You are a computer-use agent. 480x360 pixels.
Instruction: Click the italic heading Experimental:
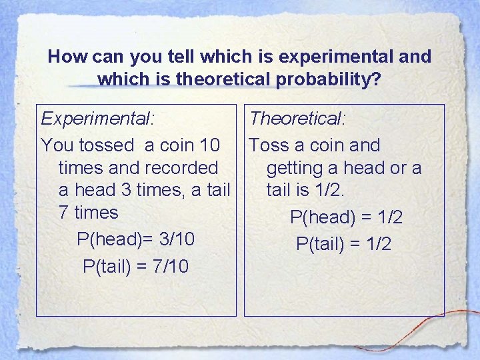(97, 119)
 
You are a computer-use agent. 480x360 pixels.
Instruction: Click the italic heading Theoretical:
(297, 119)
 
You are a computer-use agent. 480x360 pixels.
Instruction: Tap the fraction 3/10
(173, 239)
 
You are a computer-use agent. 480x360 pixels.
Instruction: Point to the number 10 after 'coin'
(219, 145)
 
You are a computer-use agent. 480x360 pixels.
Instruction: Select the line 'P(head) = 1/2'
(346, 217)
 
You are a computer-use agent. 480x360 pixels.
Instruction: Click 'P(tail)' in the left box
(107, 267)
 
